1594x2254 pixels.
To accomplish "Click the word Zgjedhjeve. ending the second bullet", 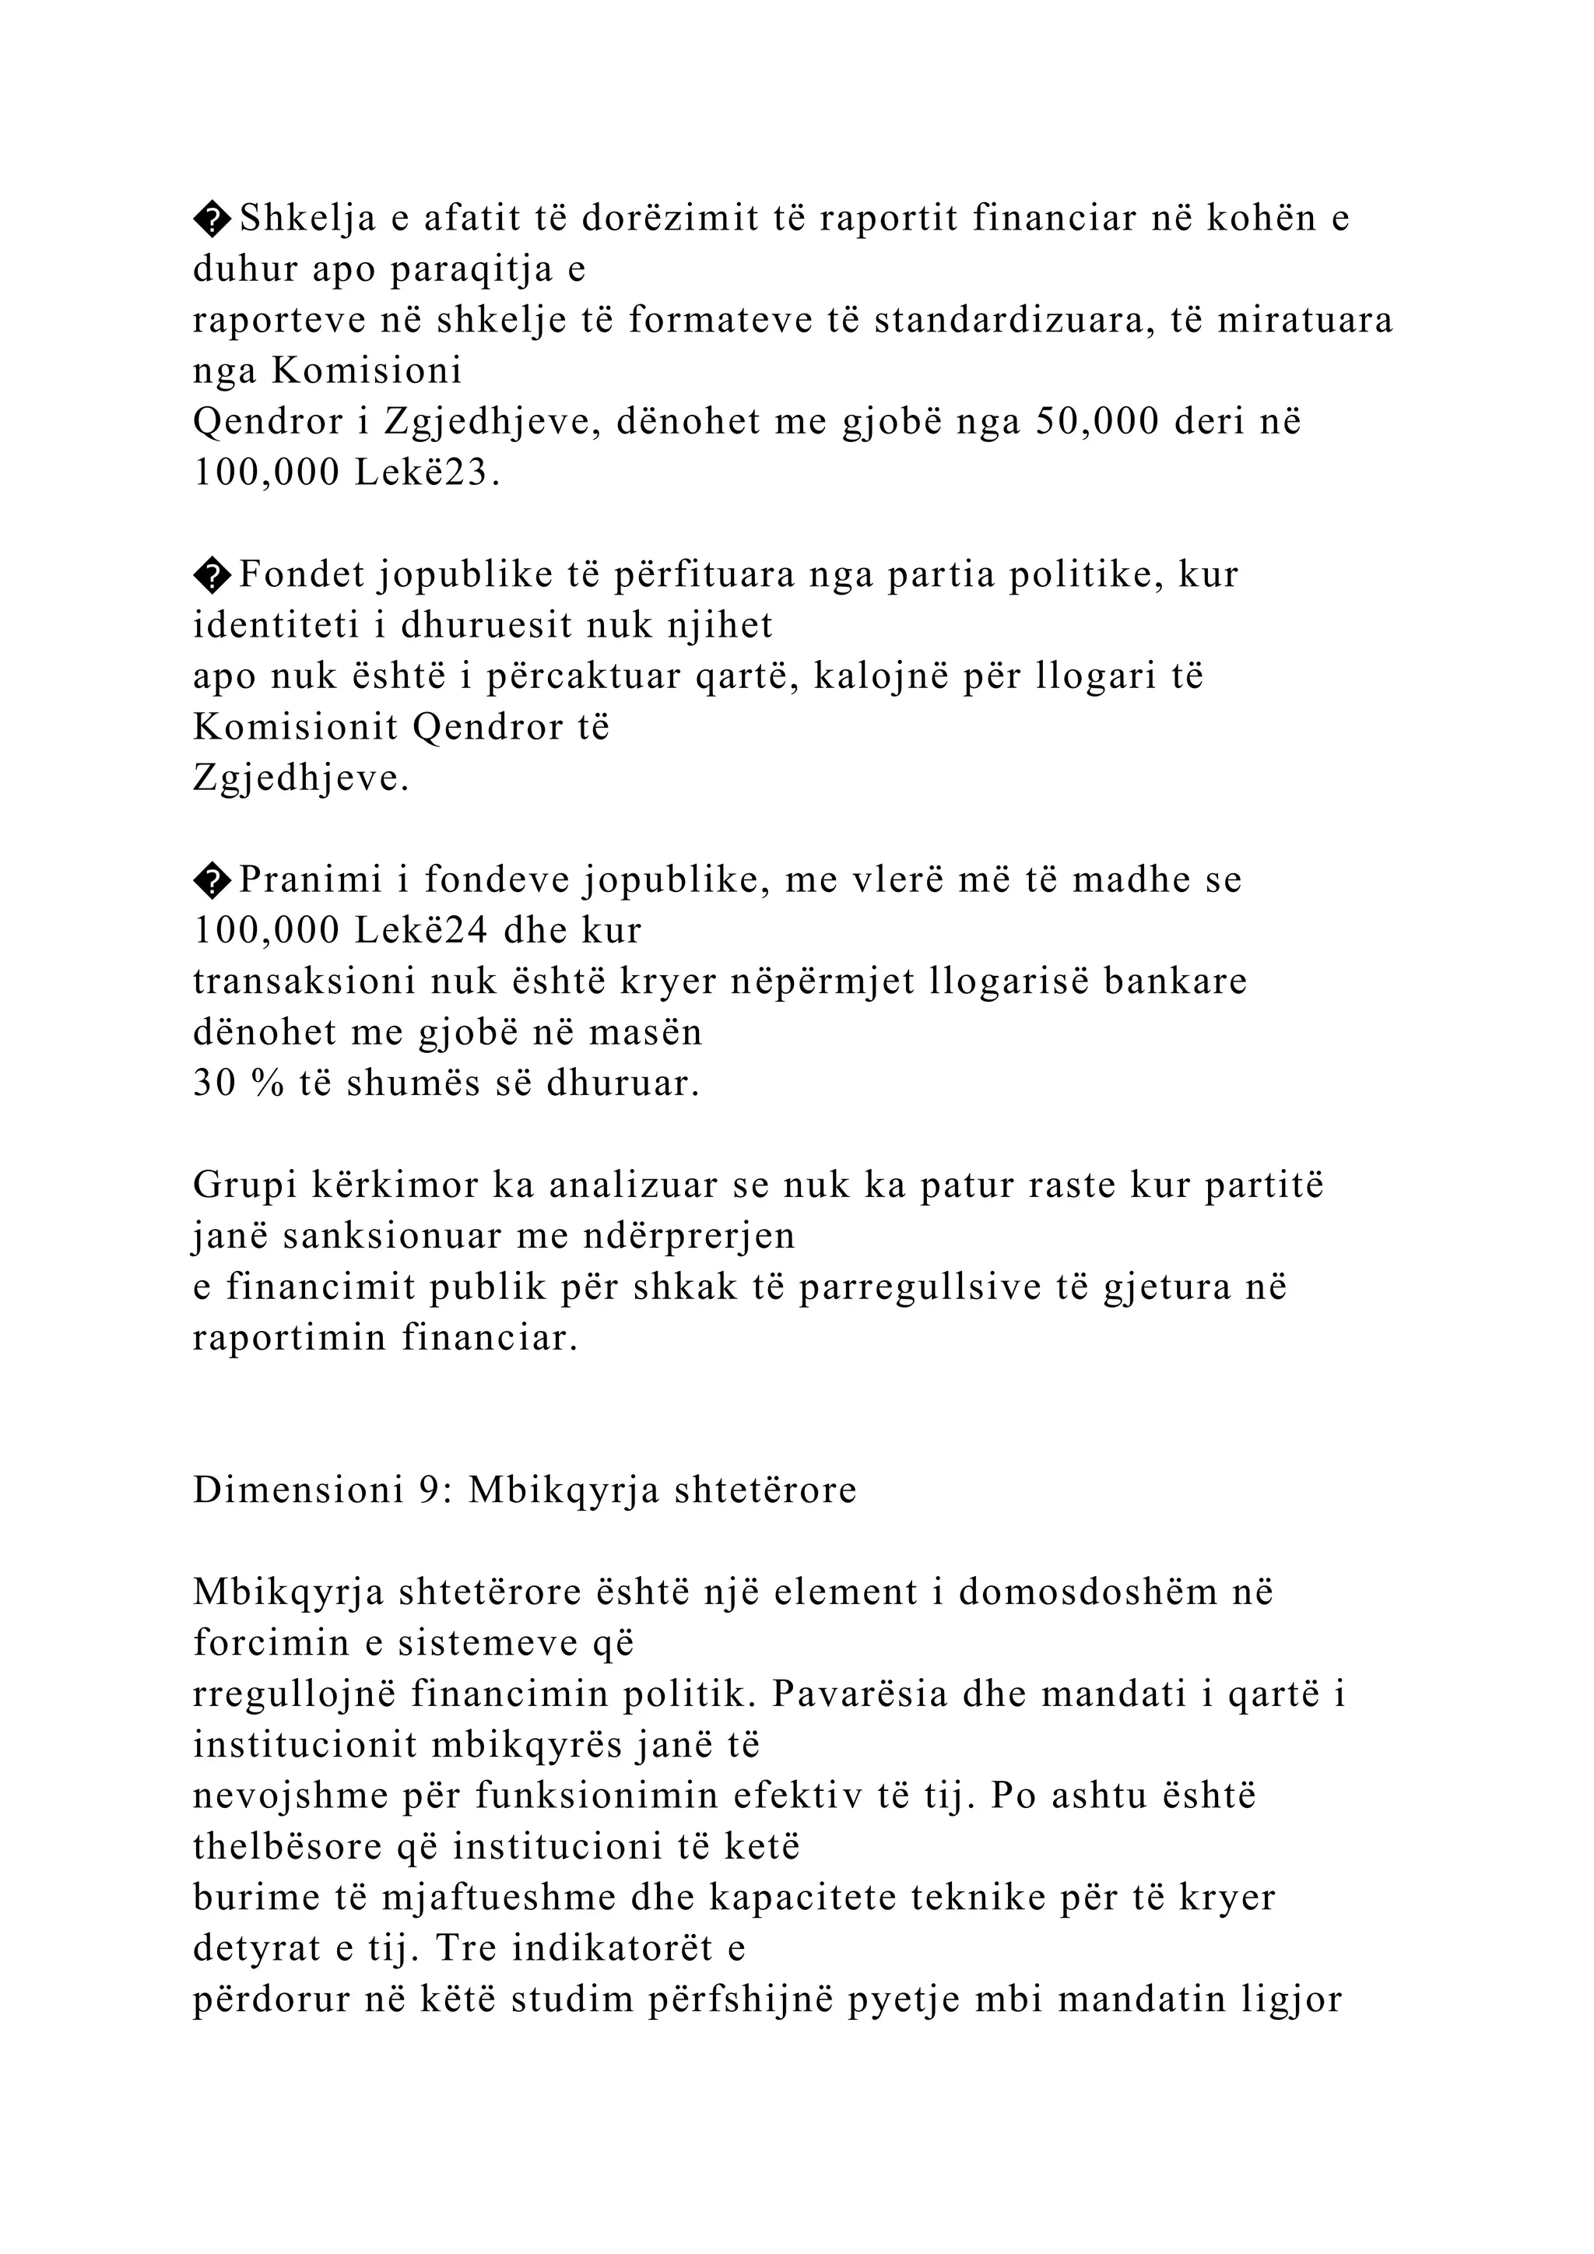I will (x=300, y=778).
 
